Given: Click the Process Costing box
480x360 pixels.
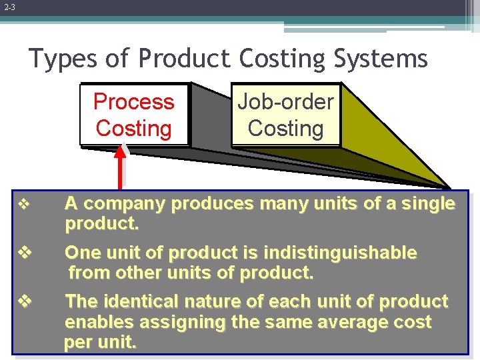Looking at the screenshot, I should pyautogui.click(x=133, y=115).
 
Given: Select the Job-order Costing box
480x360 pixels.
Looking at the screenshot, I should pyautogui.click(x=285, y=115).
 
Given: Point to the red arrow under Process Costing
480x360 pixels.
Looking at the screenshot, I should pyautogui.click(x=120, y=167).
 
